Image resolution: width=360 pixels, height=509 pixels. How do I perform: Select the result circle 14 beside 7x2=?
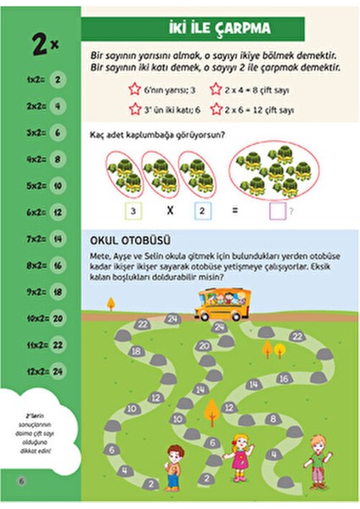point(59,240)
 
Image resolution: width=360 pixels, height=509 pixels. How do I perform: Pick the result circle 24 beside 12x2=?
point(59,371)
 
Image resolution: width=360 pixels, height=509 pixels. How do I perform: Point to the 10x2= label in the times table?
point(31,318)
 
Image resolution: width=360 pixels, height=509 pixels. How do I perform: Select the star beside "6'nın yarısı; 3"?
point(133,88)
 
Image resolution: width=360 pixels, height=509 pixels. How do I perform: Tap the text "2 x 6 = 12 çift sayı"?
point(264,109)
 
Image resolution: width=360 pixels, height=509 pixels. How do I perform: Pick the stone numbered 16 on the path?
point(284,378)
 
